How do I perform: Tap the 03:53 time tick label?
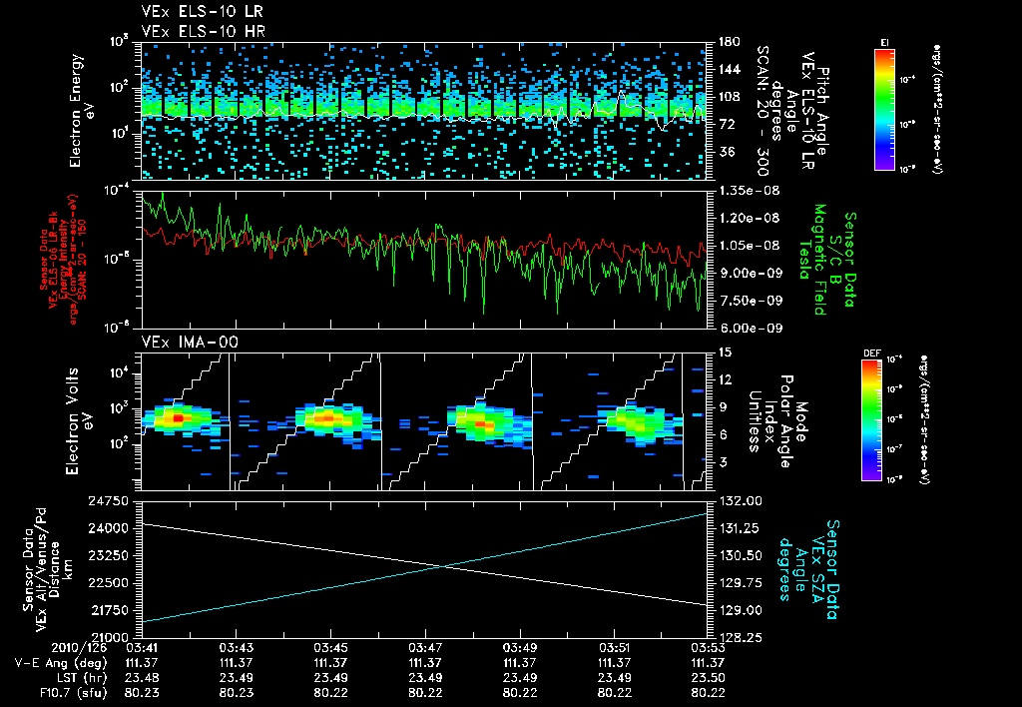click(x=708, y=646)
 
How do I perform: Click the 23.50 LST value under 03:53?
click(x=708, y=676)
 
